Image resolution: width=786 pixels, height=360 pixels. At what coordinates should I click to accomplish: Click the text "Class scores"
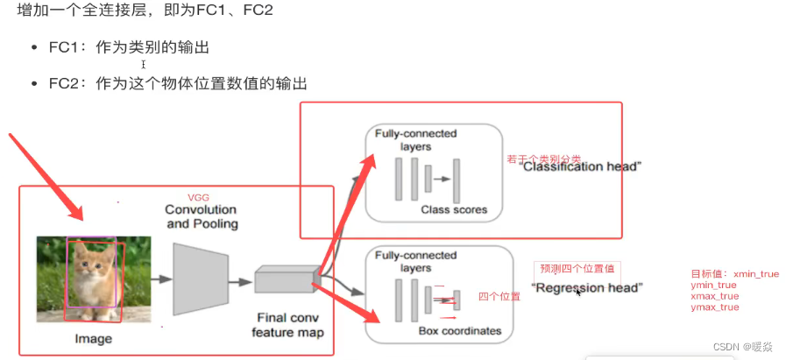click(x=454, y=209)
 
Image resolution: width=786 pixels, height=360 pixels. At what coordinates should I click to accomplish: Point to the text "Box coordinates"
click(x=459, y=331)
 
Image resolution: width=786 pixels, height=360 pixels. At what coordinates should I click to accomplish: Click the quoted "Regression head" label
click(x=587, y=287)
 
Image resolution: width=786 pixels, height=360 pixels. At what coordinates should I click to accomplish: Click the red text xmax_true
click(x=715, y=296)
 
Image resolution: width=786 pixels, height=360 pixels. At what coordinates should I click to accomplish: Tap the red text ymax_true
click(x=715, y=307)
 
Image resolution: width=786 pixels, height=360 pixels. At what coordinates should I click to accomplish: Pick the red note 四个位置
click(x=499, y=297)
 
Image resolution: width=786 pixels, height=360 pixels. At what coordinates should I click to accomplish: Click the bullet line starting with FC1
click(x=129, y=47)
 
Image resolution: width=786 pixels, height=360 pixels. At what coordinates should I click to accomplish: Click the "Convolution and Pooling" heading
click(x=201, y=216)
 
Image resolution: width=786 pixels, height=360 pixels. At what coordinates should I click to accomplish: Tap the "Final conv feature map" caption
click(x=287, y=325)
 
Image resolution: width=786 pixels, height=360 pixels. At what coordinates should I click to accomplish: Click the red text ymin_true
click(x=714, y=285)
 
